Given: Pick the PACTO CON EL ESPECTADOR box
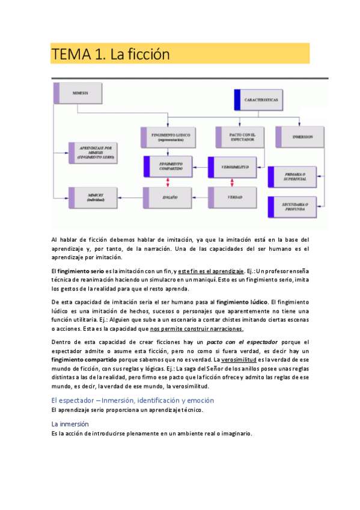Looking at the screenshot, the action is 237,137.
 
